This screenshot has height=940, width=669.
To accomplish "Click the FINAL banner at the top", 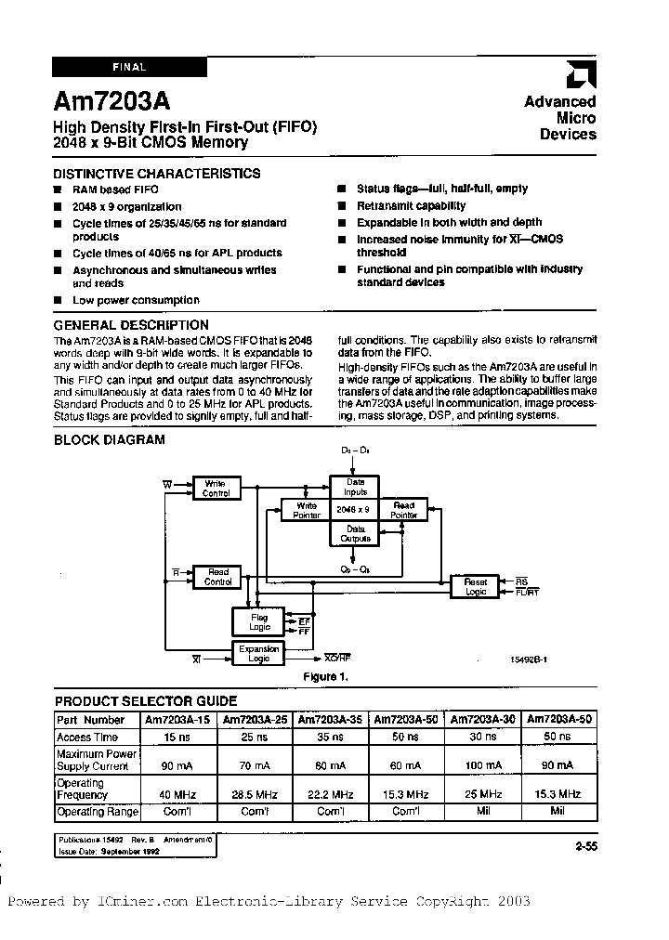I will (x=130, y=67).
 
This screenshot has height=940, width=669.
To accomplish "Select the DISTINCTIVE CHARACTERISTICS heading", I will (x=156, y=174).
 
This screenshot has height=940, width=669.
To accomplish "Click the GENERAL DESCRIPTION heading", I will (x=131, y=325).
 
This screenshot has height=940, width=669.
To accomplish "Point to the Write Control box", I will (x=216, y=488).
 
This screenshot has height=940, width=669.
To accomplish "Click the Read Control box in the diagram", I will (x=217, y=577).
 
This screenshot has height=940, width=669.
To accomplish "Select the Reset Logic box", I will (x=475, y=586).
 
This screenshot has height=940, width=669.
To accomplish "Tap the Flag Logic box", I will (x=259, y=620).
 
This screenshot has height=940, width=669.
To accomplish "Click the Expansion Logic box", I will (x=259, y=654).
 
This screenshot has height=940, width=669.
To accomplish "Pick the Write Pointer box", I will (x=306, y=510).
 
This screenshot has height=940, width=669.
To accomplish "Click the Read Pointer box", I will (x=403, y=510).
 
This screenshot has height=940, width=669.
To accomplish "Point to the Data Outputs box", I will (x=355, y=533).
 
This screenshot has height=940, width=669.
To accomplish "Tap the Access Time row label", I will (x=88, y=736).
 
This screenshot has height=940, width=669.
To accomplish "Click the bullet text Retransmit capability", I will (x=412, y=206).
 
